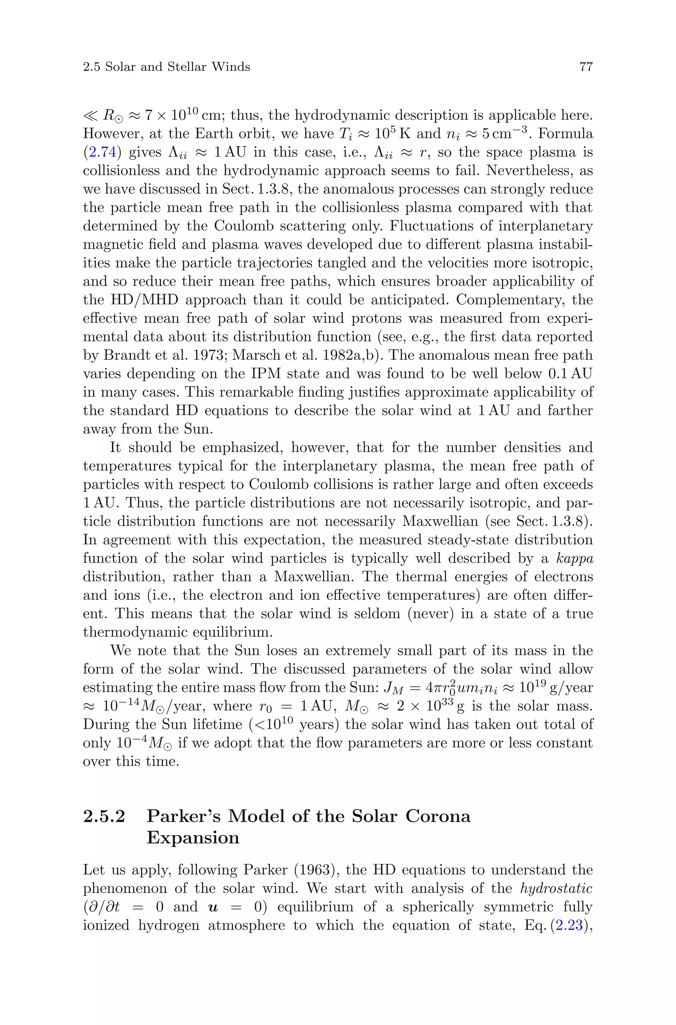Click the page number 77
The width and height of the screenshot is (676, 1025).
point(586,67)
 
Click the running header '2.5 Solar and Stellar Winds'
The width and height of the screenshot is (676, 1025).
point(166,67)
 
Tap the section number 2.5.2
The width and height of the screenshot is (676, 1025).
point(104,816)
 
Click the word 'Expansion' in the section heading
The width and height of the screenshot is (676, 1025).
point(193,837)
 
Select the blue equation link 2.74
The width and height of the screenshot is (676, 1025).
point(100,152)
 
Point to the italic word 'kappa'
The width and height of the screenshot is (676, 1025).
point(575,558)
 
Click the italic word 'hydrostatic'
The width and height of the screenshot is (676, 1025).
point(556,888)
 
